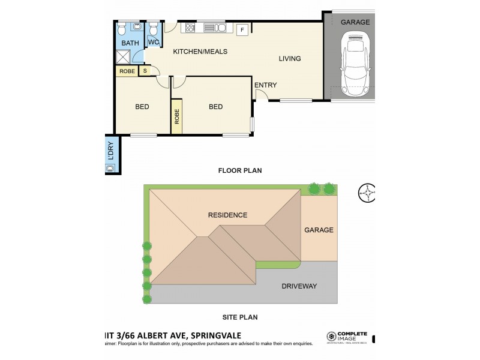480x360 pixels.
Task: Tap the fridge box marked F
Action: [x=242, y=30]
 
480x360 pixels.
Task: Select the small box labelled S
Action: [x=145, y=71]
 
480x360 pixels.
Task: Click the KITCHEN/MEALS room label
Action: [x=200, y=52]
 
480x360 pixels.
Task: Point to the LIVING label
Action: [x=289, y=58]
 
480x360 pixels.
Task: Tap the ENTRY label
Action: [x=265, y=85]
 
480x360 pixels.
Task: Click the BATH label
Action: [x=130, y=43]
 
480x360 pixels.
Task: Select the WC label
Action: [x=153, y=42]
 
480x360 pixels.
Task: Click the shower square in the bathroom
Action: [x=124, y=57]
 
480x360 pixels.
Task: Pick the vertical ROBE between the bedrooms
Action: [x=177, y=116]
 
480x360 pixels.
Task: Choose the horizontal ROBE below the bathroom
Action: [x=127, y=71]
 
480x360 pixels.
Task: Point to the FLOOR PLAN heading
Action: [x=239, y=170]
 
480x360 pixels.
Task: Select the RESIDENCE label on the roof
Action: [x=227, y=215]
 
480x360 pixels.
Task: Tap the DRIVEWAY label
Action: [x=299, y=286]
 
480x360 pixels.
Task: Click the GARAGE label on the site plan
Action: [x=319, y=230]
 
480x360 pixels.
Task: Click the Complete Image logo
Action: [x=346, y=337]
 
